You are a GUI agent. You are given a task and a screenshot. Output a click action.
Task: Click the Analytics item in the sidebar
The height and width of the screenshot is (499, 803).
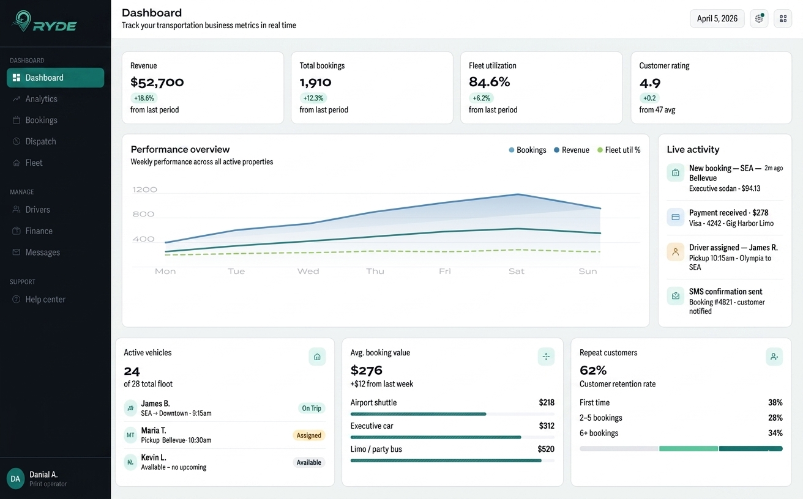(41, 99)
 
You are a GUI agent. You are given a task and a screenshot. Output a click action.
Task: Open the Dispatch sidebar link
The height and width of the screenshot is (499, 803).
(40, 141)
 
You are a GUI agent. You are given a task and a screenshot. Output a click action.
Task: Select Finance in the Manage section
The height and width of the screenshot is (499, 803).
(39, 231)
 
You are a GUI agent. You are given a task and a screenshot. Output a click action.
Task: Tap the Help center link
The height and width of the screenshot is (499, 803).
(45, 300)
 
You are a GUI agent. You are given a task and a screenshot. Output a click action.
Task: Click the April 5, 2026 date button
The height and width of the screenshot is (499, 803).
(717, 18)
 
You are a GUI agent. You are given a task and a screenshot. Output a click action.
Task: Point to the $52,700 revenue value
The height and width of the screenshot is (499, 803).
(157, 82)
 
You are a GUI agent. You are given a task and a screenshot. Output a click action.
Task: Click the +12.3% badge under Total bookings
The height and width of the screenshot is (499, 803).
(313, 98)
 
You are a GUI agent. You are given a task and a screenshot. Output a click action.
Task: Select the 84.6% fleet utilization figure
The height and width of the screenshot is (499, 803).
(489, 82)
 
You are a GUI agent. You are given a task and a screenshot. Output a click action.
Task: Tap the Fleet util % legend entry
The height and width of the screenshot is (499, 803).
(619, 150)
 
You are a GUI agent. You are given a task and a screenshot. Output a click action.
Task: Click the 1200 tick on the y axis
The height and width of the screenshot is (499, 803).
(144, 190)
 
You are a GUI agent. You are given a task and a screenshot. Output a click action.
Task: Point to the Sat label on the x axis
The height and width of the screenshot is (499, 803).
(516, 272)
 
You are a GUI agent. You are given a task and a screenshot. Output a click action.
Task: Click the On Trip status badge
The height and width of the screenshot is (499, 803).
(311, 408)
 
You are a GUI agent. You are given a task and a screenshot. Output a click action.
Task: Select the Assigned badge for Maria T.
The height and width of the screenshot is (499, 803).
(308, 435)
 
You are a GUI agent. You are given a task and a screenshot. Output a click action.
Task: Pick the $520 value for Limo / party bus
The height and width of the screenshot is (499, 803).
(545, 449)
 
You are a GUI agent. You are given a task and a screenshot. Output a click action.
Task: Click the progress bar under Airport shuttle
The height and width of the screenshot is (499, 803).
(418, 414)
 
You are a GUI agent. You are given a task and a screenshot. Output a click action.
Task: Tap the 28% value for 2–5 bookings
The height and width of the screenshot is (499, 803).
(775, 418)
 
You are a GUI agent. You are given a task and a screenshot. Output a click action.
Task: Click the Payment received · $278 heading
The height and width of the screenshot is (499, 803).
(728, 213)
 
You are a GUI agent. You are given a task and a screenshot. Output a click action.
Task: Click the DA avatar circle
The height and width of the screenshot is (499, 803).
(16, 479)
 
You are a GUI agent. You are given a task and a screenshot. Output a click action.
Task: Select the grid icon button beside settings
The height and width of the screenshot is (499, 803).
(783, 18)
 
